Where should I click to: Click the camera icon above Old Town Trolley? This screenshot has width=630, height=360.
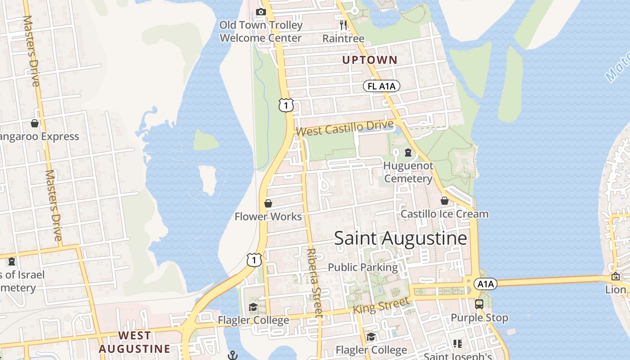point(261,12)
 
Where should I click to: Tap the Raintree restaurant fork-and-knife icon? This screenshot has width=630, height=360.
point(343,25)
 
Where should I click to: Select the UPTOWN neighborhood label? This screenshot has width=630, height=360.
point(370,60)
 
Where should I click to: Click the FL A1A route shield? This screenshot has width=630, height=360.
point(382,86)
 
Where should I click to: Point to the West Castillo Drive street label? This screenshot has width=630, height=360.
point(345,128)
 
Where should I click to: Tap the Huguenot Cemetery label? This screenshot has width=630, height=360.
point(408,172)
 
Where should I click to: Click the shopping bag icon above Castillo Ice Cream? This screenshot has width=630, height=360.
point(445,201)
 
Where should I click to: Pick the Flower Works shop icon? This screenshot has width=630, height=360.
point(268,203)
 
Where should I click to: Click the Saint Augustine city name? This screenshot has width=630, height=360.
point(400,238)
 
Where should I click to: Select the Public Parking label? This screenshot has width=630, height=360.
point(363,267)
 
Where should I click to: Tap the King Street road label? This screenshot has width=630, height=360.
point(381,306)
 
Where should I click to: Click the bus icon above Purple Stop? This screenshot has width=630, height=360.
point(479,304)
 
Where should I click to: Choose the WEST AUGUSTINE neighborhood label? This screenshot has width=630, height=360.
point(135,342)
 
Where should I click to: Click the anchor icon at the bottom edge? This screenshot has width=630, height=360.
point(233,355)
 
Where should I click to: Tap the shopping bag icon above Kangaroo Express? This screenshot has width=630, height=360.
point(35,123)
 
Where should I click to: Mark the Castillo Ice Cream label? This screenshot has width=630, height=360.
point(445,214)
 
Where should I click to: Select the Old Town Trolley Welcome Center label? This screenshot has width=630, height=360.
point(261,31)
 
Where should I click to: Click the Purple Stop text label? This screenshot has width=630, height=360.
point(479,318)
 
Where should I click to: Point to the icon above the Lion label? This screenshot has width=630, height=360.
point(615,276)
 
